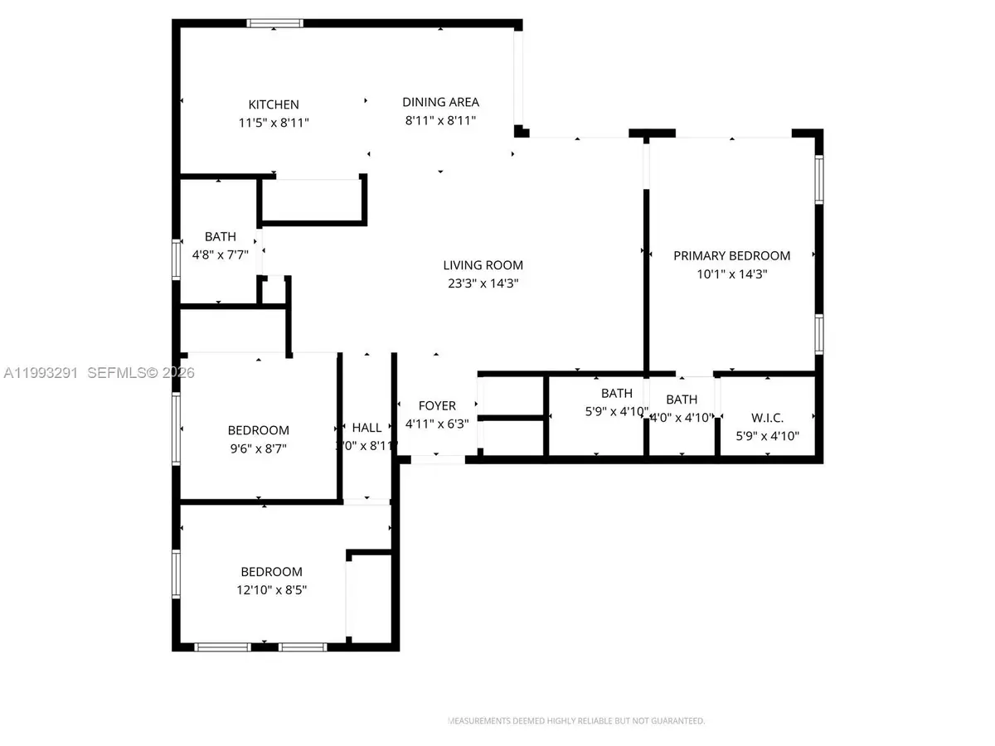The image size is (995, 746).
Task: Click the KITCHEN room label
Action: coord(274,104)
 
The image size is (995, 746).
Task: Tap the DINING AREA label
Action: coord(440,102)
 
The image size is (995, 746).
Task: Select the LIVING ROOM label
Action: coord(483,265)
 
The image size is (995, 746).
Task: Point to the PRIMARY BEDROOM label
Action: coord(731,255)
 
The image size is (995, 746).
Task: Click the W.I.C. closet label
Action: coord(767,418)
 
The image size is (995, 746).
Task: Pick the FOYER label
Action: coord(437,405)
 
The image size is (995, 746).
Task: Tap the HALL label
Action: coord(366,427)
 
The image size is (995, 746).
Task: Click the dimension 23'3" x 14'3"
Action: coord(483,283)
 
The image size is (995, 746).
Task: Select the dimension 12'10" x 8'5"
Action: coord(271,589)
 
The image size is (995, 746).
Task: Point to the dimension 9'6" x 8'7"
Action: coord(258,448)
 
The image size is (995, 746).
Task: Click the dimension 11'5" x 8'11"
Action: coord(274,123)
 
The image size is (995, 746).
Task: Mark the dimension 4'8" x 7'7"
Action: coord(220,254)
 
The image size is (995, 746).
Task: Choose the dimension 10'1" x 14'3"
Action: coord(731,274)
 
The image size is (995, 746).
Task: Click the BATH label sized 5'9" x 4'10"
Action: coord(616,393)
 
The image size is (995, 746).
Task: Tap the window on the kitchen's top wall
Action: coord(275,24)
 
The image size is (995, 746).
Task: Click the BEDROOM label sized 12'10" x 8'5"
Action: coord(271,571)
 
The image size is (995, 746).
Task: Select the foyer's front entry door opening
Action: coord(438,458)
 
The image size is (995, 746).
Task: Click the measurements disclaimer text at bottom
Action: coord(576,721)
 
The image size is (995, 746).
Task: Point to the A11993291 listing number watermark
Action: coord(39,373)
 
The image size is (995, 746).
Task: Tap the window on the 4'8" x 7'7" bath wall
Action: coord(176,259)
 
